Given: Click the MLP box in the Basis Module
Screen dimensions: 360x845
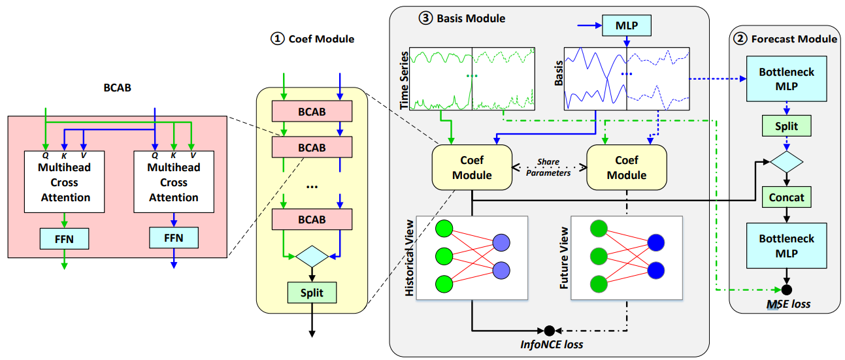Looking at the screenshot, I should pos(627,25).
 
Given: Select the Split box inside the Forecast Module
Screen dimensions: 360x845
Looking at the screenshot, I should pos(786,125).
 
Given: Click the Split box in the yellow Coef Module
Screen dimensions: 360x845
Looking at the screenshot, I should pos(312,292).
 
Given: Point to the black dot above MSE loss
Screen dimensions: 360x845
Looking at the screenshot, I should pos(787,289).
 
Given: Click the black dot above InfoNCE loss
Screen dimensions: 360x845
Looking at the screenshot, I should pos(549,329).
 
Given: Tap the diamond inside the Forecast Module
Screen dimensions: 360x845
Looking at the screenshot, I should pos(786,161).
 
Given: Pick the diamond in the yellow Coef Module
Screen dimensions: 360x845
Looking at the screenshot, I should pos(312,256).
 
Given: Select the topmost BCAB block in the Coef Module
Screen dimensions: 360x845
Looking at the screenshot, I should pos(312,112).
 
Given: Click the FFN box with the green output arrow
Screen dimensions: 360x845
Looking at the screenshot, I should pos(65,238).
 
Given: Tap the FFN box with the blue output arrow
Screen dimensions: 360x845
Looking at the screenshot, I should pos(174,238).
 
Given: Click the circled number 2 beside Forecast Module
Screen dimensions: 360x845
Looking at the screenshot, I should pos(740,39).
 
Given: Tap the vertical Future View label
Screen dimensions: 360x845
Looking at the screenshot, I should pos(564,259).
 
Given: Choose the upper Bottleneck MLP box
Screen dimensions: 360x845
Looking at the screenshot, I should pos(786,79).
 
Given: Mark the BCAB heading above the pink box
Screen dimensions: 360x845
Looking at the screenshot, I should pos(114,87).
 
